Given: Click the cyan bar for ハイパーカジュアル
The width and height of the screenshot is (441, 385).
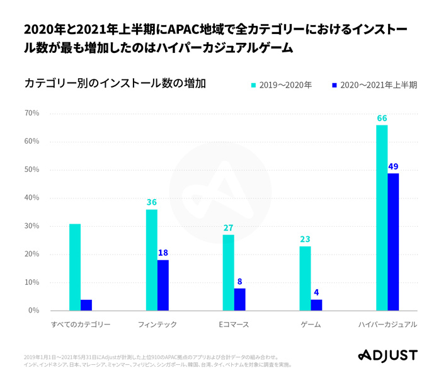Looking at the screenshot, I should (382, 217).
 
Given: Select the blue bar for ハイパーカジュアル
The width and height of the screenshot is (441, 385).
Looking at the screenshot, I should (393, 242).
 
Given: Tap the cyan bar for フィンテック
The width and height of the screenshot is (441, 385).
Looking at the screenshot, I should (152, 260).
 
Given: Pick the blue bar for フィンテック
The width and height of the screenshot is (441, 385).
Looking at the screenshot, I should (163, 285).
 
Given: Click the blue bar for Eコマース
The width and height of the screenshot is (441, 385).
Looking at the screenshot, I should (239, 299).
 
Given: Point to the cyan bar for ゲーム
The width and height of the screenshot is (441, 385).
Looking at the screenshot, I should (305, 278).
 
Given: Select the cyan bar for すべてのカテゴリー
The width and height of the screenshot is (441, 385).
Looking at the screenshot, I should (75, 267).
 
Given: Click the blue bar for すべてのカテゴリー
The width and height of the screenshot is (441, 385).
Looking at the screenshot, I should (86, 305).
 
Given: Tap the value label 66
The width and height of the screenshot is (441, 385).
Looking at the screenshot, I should (382, 118).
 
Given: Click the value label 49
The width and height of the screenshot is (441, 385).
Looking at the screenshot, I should (393, 166).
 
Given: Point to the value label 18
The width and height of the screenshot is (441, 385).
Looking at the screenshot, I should (163, 253).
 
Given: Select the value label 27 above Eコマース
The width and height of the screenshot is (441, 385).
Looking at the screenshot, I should (228, 227).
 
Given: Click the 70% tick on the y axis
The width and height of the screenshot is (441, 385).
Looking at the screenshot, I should (31, 113).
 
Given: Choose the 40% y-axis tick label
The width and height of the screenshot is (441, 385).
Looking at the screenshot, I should (31, 198).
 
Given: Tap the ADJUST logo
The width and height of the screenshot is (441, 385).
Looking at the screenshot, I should (387, 355).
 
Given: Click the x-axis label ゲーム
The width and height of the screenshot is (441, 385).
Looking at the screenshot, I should (311, 325).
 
